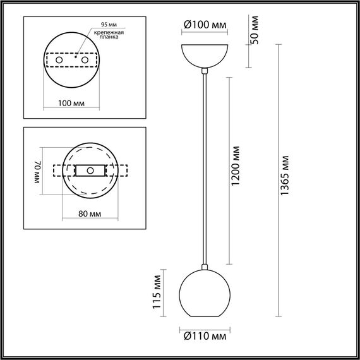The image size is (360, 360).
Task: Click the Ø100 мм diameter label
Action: (x=204, y=25)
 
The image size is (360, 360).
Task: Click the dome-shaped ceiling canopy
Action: (x=204, y=56)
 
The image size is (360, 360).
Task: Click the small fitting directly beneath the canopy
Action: (x=203, y=71)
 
